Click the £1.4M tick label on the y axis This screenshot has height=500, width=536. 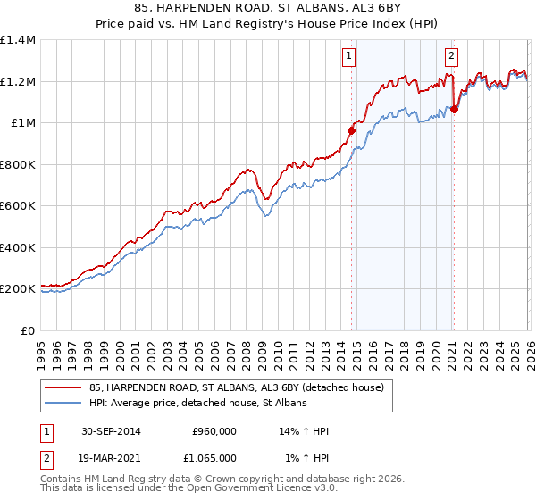tap(18, 40)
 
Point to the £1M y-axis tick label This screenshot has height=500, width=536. tap(22, 123)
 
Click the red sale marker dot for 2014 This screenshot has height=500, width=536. tap(351, 130)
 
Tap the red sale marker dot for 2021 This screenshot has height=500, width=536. tap(454, 109)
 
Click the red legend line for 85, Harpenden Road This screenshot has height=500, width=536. tap(63, 388)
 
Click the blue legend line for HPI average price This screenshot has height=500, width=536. tap(63, 404)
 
